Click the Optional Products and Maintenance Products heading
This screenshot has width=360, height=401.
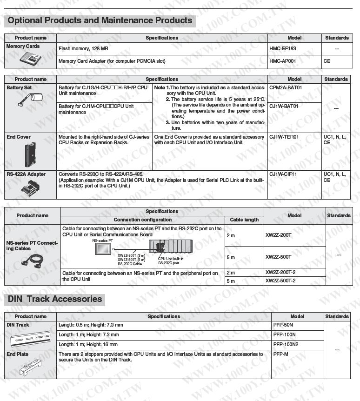click(100, 20)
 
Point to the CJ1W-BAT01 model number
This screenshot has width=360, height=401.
click(284, 106)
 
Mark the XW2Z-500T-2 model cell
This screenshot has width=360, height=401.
click(280, 281)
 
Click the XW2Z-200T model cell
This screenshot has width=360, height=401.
click(278, 235)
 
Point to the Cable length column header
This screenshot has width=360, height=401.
click(244, 220)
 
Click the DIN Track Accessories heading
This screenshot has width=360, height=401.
click(55, 299)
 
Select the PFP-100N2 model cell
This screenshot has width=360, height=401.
click(286, 344)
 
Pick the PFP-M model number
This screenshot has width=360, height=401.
click(280, 354)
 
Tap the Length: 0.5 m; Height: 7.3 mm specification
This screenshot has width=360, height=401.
click(91, 325)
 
